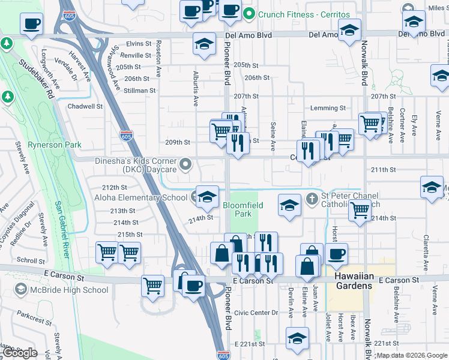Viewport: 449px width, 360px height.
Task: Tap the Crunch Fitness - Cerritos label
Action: pos(304,14)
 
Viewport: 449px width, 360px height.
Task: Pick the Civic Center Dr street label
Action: pos(256,313)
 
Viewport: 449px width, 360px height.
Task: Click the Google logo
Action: pos(20,353)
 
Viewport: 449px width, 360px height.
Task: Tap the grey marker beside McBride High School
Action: pos(22,290)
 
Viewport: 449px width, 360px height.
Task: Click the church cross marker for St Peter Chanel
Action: pos(312,198)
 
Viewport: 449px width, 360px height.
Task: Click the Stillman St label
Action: pos(140,91)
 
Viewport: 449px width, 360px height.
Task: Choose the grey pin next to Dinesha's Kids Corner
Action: pos(186,163)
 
